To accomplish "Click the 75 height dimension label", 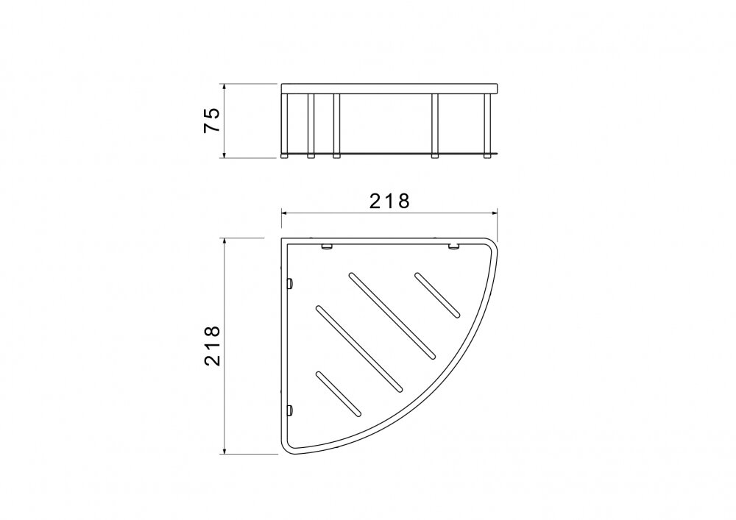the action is click(212, 121).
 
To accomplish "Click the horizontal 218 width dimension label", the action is click(389, 201).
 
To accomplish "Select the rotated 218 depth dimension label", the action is click(212, 346).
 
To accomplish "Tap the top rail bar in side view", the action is click(389, 88).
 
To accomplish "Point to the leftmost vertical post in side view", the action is click(284, 126).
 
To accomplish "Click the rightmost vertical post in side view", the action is click(487, 126).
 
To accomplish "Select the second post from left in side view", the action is click(311, 126).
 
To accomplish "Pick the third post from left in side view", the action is click(336, 126).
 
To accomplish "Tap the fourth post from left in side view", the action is click(435, 126).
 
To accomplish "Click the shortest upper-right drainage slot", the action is click(437, 295).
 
